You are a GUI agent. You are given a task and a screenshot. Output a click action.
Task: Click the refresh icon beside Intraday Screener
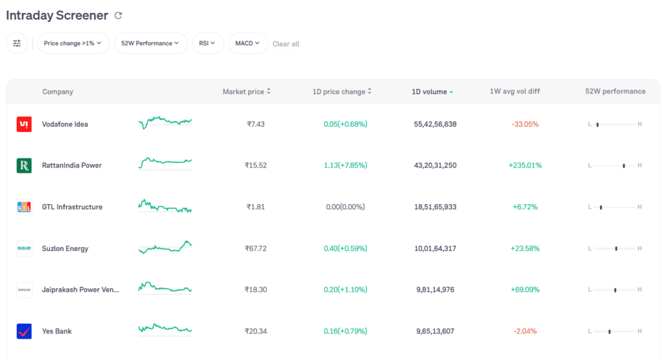[x=118, y=16]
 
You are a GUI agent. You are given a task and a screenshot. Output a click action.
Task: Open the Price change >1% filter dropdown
[x=73, y=44]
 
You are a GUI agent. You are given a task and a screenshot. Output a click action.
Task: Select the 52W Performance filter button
[x=151, y=44]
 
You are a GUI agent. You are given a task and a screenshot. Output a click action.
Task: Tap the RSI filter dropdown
[x=208, y=44]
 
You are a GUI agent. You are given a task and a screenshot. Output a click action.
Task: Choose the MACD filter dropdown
[x=247, y=44]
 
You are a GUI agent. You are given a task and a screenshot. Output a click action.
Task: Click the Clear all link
[x=286, y=44]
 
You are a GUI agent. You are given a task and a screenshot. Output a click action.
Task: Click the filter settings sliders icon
[x=17, y=44]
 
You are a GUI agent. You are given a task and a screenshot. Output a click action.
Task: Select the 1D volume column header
[x=432, y=92]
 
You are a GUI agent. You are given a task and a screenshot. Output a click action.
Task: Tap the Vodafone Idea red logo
[x=24, y=124]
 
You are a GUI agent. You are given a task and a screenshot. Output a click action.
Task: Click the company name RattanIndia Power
[x=71, y=166]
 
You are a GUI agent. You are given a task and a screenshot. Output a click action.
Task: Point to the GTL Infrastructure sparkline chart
[x=165, y=207]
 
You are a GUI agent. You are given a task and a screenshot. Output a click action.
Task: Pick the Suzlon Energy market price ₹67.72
[x=256, y=248]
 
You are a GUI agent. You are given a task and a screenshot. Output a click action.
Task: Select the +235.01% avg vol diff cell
[x=525, y=166]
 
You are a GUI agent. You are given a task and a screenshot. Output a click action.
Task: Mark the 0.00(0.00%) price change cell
[x=345, y=207]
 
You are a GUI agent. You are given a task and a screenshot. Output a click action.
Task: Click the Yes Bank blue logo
[x=24, y=331]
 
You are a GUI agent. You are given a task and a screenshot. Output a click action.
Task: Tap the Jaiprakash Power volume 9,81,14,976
[x=435, y=290]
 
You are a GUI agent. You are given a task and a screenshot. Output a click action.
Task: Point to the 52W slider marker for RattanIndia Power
[x=623, y=166]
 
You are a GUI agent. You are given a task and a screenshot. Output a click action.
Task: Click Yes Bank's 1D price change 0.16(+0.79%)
[x=345, y=331]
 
